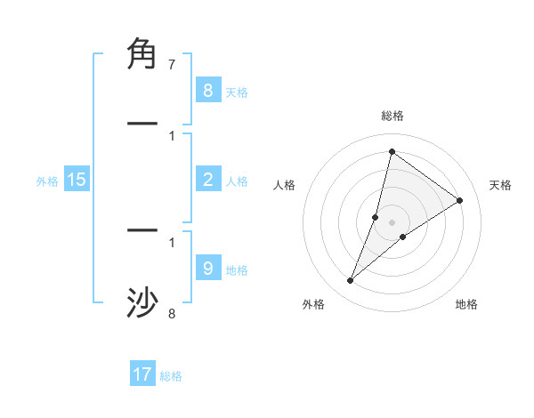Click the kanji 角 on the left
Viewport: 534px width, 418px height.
tap(142, 54)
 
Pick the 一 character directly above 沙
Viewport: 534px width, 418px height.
tap(142, 230)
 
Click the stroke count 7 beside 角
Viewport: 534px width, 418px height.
tap(171, 65)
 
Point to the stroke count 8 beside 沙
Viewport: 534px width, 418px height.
tap(171, 313)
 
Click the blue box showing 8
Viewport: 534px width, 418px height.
tap(207, 90)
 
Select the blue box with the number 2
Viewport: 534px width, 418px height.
tap(207, 180)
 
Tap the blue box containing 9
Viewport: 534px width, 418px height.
tap(207, 269)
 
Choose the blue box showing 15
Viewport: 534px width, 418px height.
tap(77, 180)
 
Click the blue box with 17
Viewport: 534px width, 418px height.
tap(142, 374)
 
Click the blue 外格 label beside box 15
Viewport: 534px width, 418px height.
tap(47, 181)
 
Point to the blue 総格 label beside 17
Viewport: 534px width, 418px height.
tap(171, 376)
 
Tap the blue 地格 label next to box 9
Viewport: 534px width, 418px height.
tap(237, 269)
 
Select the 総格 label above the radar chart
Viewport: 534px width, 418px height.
tap(392, 116)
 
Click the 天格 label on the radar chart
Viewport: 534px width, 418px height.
tap(500, 185)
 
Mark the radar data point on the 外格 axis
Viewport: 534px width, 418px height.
tap(351, 281)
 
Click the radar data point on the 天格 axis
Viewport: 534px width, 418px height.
tap(460, 201)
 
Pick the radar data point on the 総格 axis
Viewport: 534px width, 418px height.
tap(392, 152)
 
